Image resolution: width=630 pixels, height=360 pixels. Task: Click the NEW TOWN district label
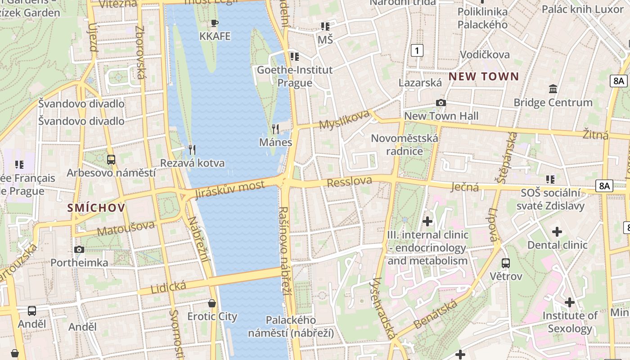point(484,76)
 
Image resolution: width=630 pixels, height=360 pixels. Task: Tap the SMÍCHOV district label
point(96,207)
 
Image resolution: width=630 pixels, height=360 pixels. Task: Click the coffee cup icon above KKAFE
point(215,23)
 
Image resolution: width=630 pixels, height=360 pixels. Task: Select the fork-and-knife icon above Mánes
point(275,129)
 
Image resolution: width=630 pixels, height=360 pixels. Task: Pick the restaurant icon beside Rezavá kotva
point(192,149)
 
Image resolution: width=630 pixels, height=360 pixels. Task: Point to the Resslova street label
point(350,182)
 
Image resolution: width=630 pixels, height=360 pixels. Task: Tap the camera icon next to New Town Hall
point(441,103)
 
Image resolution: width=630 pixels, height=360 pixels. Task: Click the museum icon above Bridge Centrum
point(553,89)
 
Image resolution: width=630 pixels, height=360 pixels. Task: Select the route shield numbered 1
point(417,50)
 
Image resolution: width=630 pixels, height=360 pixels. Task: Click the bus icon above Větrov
point(506,263)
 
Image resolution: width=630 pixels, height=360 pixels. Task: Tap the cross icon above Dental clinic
point(557,232)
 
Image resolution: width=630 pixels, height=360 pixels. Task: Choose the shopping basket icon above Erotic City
point(212,303)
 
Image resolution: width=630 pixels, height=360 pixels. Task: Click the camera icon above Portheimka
point(79,249)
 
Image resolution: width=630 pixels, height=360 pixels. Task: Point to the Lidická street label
point(168,287)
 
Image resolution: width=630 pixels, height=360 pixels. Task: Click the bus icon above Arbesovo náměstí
point(111,159)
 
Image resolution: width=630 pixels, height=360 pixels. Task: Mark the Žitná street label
point(595,134)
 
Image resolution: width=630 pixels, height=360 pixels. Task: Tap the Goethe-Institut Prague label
point(295,76)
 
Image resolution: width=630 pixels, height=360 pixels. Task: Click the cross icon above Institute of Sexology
point(570,302)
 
